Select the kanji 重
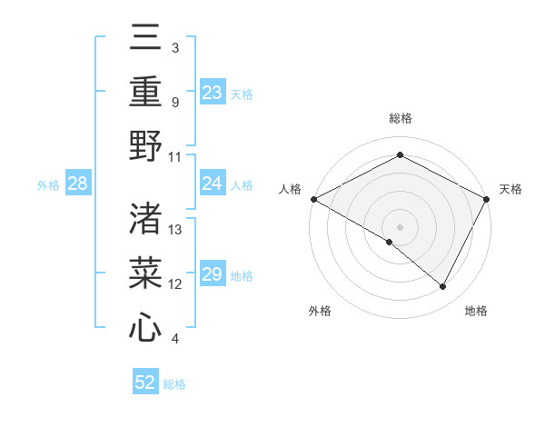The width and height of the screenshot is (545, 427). pyautogui.click(x=145, y=94)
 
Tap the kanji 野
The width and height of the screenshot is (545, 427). pyautogui.click(x=145, y=146)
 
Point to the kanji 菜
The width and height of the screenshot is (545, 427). pyautogui.click(x=145, y=273)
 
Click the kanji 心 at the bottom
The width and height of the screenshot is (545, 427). pyautogui.click(x=145, y=326)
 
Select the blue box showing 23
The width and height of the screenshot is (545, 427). pyautogui.click(x=213, y=92)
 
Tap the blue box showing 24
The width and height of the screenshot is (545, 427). pyautogui.click(x=213, y=184)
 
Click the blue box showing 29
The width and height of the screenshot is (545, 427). pyautogui.click(x=213, y=275)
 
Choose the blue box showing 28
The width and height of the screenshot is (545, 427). pyautogui.click(x=78, y=184)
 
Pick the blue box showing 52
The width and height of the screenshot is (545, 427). pyautogui.click(x=145, y=382)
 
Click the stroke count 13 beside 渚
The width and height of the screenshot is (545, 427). pyautogui.click(x=175, y=230)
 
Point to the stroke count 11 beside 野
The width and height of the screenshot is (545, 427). pyautogui.click(x=175, y=156)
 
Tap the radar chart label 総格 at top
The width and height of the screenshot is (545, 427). pyautogui.click(x=400, y=118)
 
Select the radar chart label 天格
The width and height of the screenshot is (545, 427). pyautogui.click(x=511, y=189)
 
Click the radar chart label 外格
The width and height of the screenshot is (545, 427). pyautogui.click(x=320, y=311)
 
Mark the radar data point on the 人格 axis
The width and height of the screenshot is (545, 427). pyautogui.click(x=313, y=199)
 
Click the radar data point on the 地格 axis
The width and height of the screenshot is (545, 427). pyautogui.click(x=443, y=286)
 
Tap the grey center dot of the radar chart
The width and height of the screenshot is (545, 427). pyautogui.click(x=400, y=226)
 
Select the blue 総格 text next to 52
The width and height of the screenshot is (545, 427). pyautogui.click(x=174, y=383)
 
